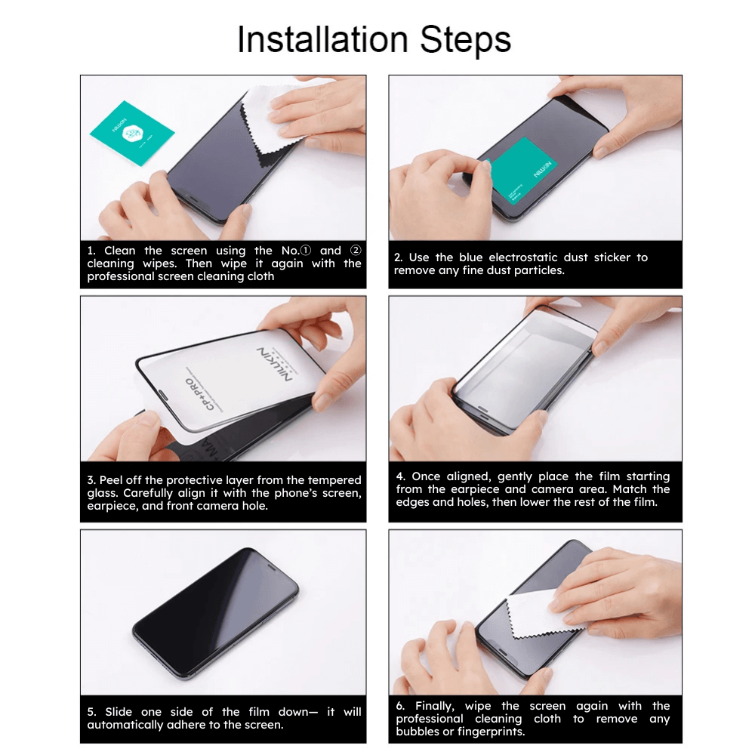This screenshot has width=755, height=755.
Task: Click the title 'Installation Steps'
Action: coord(374,39)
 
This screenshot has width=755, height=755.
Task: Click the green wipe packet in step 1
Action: coord(132,132)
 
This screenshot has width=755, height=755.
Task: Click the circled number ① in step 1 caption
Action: coord(306,251)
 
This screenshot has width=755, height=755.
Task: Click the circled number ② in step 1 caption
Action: coord(356,251)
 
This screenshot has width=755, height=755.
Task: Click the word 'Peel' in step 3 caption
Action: coord(111,480)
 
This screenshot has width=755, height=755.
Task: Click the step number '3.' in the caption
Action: coord(91,480)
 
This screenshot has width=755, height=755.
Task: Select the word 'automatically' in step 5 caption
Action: coord(124,725)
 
